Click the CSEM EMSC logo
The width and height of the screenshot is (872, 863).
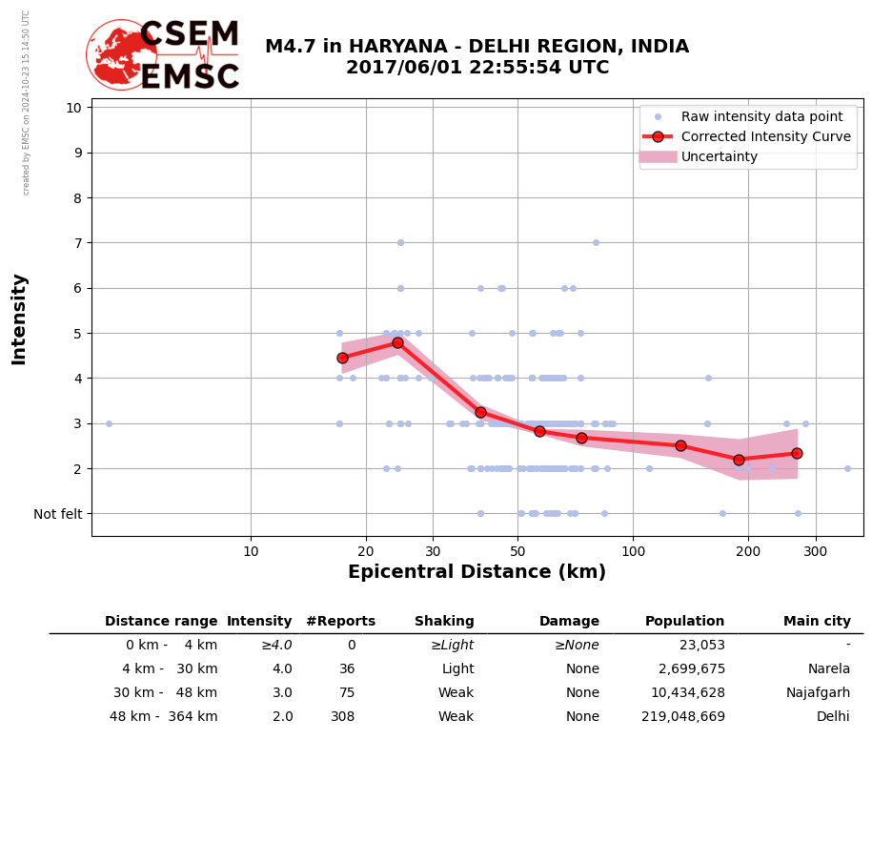tap(164, 55)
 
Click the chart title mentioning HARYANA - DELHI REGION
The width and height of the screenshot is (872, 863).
tap(477, 57)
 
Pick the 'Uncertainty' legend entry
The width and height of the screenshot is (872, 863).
tap(719, 156)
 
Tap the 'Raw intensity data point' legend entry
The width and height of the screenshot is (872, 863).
tap(761, 116)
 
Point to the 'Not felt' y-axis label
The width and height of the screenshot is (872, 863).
tap(57, 514)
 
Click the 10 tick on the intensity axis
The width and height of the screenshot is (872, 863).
tap(73, 107)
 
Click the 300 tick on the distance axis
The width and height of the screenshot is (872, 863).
tap(816, 551)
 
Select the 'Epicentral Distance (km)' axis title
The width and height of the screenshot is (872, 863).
tap(477, 572)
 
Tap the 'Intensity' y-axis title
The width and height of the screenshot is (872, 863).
tap(19, 318)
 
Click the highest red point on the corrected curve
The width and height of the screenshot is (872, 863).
tap(397, 342)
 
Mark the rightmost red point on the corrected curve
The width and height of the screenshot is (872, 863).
tap(797, 453)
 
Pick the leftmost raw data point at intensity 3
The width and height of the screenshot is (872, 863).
tap(109, 423)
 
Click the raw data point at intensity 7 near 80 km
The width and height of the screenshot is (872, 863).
tap(596, 242)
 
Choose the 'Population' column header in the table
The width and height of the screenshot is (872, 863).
tap(684, 622)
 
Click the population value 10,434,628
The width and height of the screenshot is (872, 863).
tap(684, 693)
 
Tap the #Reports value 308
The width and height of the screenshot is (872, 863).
tap(342, 717)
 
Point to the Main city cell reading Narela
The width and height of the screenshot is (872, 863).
tap(828, 669)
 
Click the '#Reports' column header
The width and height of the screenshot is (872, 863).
tap(340, 622)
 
